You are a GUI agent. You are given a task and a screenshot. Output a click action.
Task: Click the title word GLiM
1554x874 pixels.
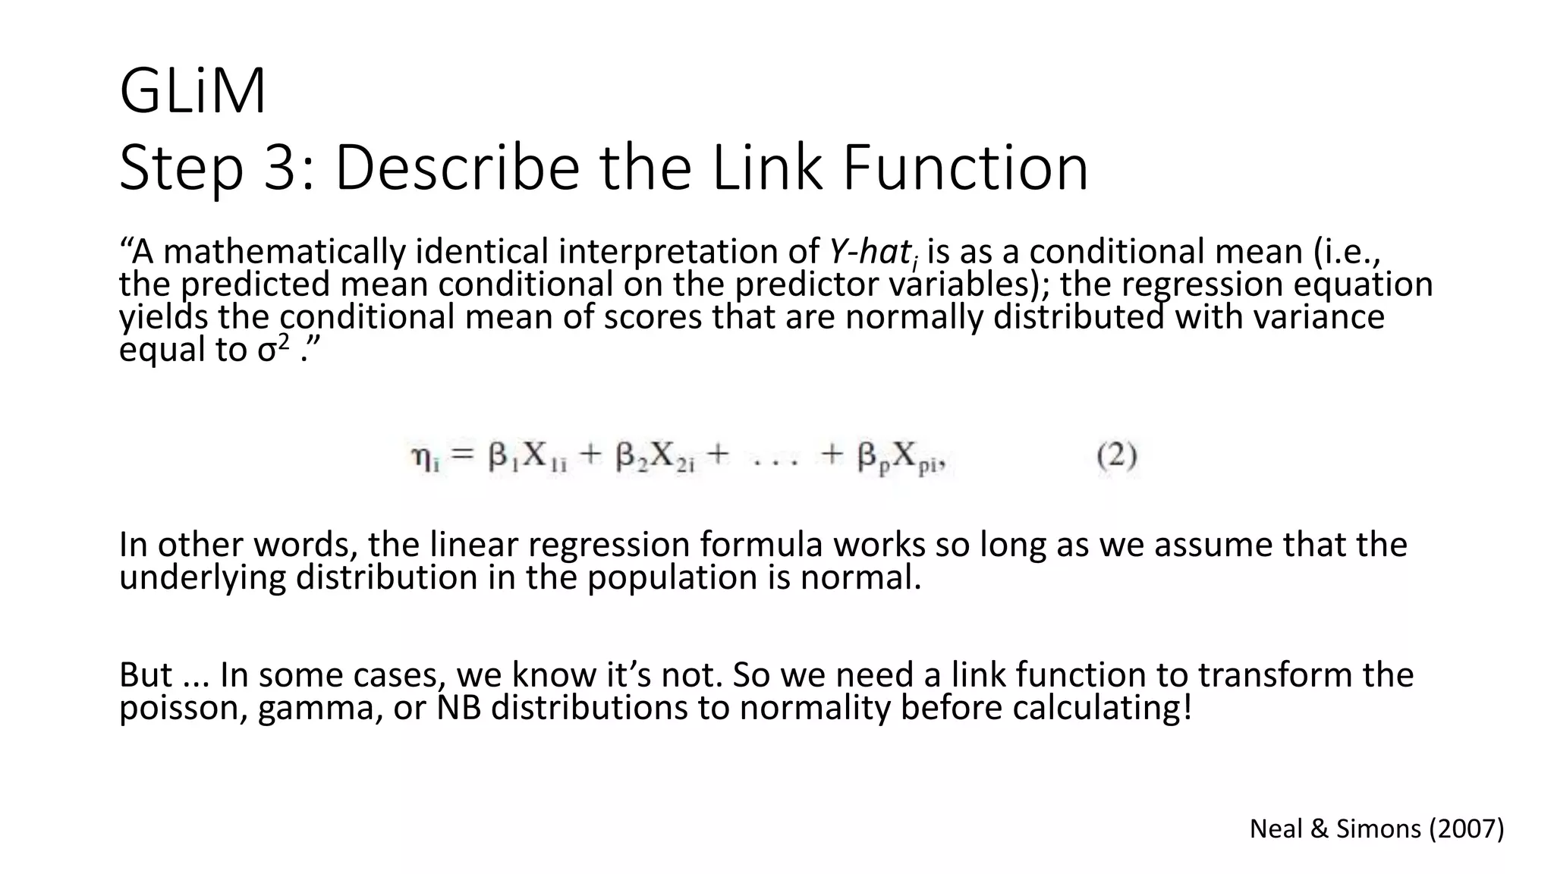pyautogui.click(x=193, y=92)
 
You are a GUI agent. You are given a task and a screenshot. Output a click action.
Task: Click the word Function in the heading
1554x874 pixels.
pyautogui.click(x=965, y=168)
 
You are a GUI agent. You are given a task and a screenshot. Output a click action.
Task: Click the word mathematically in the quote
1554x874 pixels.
pyautogui.click(x=285, y=252)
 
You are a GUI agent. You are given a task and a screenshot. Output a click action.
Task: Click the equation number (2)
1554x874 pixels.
pyautogui.click(x=1117, y=456)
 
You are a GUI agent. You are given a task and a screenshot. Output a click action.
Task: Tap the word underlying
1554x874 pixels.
pyautogui.click(x=202, y=577)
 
